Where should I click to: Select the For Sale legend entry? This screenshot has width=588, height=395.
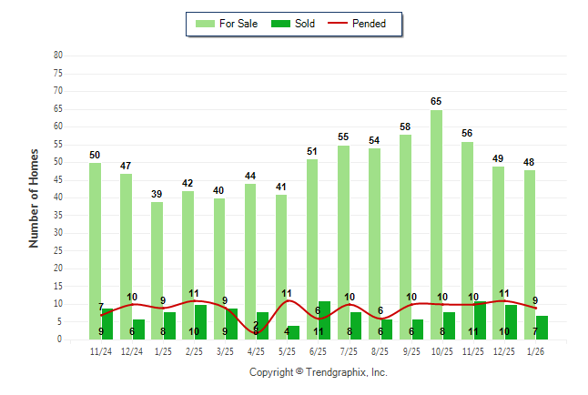pyautogui.click(x=228, y=24)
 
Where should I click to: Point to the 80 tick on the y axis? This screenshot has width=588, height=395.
pyautogui.click(x=58, y=56)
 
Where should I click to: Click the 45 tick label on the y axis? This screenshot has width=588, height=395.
pyautogui.click(x=58, y=179)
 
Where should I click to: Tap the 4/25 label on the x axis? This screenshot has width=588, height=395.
pyautogui.click(x=256, y=350)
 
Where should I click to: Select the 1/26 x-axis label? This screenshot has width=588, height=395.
pyautogui.click(x=535, y=350)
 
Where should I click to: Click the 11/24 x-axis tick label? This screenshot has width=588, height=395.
pyautogui.click(x=101, y=350)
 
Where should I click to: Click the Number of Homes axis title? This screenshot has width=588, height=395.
pyautogui.click(x=35, y=197)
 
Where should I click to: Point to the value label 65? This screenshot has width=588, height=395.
pyautogui.click(x=436, y=102)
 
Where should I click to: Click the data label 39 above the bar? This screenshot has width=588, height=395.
pyautogui.click(x=157, y=194)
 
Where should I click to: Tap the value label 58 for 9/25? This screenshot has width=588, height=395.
pyautogui.click(x=405, y=127)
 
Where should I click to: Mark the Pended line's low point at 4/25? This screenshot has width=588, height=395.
pyautogui.click(x=257, y=333)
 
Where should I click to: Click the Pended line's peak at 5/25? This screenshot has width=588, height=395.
pyautogui.click(x=288, y=300)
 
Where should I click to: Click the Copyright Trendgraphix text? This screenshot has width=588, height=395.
pyautogui.click(x=319, y=372)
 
